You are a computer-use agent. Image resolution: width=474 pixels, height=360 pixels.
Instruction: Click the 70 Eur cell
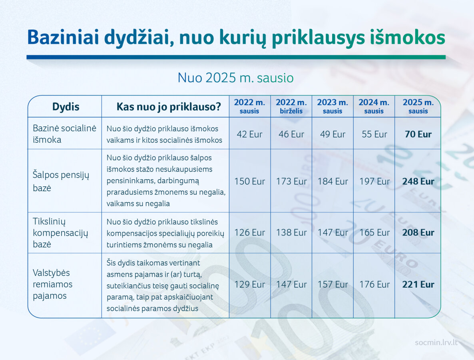418,134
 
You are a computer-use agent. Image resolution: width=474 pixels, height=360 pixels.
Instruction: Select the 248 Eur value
418,181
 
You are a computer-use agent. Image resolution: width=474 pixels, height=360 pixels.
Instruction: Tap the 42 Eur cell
249,134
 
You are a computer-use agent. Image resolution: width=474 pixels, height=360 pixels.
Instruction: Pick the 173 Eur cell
291,181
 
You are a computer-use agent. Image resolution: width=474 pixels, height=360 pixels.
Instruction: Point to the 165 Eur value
374,232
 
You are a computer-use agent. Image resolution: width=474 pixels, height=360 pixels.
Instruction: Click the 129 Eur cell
249,284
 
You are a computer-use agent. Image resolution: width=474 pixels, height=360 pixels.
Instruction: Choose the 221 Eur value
418,284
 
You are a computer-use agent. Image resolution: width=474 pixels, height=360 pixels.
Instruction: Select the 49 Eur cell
333,134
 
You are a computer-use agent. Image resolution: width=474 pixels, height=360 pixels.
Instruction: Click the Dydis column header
66,107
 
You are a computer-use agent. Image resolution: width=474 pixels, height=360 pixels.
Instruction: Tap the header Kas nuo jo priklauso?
169,107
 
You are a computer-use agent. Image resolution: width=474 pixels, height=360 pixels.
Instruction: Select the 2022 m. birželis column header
291,106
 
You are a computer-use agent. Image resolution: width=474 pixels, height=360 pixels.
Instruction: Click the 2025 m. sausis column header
418,106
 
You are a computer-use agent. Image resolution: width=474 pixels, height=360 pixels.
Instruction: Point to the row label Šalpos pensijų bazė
61,181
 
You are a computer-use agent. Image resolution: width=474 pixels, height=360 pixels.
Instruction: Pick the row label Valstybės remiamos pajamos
53,284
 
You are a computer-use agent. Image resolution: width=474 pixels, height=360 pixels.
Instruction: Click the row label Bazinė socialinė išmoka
64,134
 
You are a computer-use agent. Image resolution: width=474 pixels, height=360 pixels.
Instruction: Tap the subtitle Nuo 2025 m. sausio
235,78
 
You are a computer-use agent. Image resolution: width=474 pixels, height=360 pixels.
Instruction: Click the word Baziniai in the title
63,38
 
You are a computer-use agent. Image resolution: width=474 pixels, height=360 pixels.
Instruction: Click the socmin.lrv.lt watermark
436,342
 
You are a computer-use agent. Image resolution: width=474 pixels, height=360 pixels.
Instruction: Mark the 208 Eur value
418,232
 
